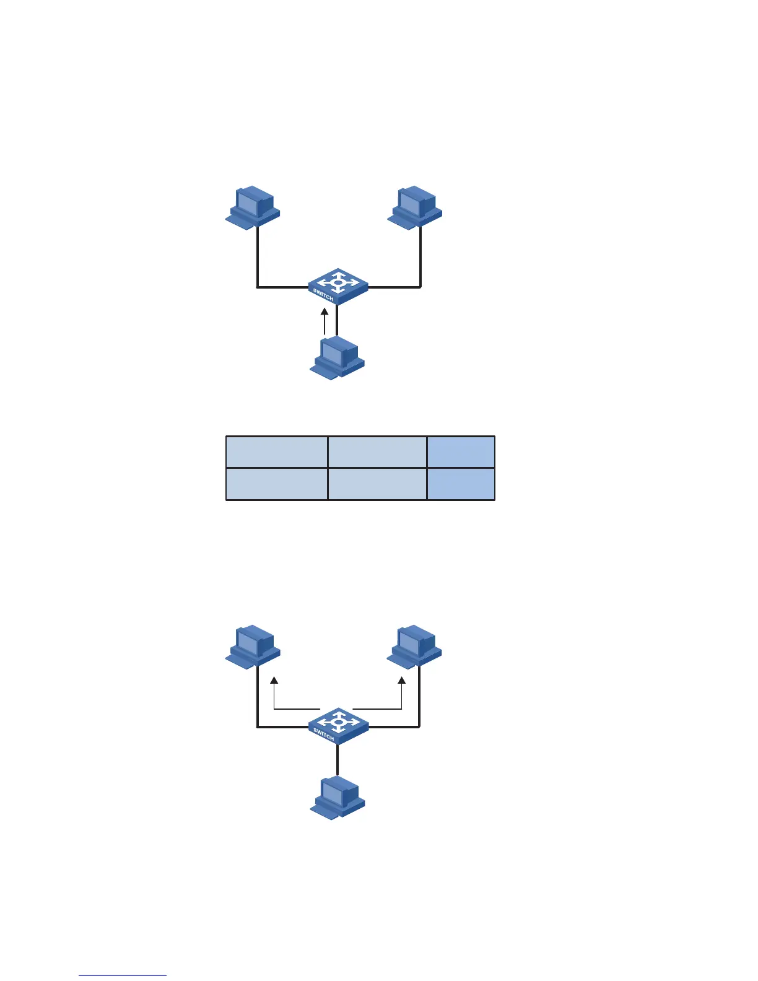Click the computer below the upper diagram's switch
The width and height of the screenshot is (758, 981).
coord(337,358)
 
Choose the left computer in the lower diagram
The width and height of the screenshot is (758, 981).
coord(252,647)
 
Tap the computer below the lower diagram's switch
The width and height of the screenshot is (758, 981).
coord(338,798)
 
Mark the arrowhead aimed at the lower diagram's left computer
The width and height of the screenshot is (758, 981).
coord(274,681)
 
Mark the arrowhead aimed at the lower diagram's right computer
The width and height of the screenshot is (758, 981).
coord(402,681)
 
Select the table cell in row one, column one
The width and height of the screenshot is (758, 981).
coord(276,452)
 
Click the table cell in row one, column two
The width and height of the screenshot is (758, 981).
coord(377,452)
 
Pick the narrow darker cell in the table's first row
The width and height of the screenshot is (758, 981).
coord(461,452)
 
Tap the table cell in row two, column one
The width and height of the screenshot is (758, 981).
coord(276,484)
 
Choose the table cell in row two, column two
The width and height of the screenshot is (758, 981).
coord(377,484)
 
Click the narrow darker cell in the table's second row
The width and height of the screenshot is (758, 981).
coord(461,484)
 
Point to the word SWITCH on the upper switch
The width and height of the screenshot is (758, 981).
coord(323,295)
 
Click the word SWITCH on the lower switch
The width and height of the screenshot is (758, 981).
coord(323,735)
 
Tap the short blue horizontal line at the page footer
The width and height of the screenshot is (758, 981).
coord(123,975)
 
